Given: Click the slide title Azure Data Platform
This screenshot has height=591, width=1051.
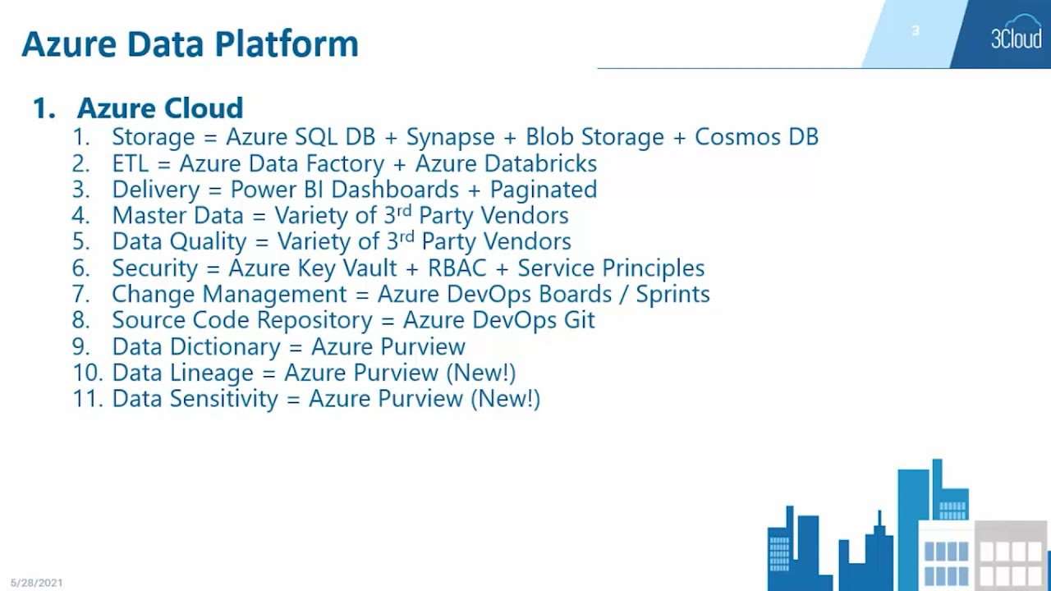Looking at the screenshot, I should pos(190,44).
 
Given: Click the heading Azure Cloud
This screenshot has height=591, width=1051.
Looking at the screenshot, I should pos(160,108).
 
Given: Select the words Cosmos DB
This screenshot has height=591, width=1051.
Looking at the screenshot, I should pos(756,136).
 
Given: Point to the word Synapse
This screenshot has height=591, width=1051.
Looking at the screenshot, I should pos(451,137).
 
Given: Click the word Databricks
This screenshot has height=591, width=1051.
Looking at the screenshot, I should pos(540,163).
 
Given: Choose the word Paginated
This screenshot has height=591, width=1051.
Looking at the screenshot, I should pos(543,190).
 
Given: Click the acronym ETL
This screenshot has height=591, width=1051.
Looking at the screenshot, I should pos(131,163).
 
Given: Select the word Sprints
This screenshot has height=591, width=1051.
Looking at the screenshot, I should pos(672,294).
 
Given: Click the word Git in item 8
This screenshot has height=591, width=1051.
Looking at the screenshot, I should pos(579,320).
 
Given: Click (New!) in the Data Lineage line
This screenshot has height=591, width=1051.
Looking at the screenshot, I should pos(480,373).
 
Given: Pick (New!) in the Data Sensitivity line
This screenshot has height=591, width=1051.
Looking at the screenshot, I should pos(505,399).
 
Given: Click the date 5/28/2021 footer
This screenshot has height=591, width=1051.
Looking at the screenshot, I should pos(36,583).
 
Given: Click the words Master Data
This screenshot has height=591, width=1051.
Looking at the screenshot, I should pos(177,216).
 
